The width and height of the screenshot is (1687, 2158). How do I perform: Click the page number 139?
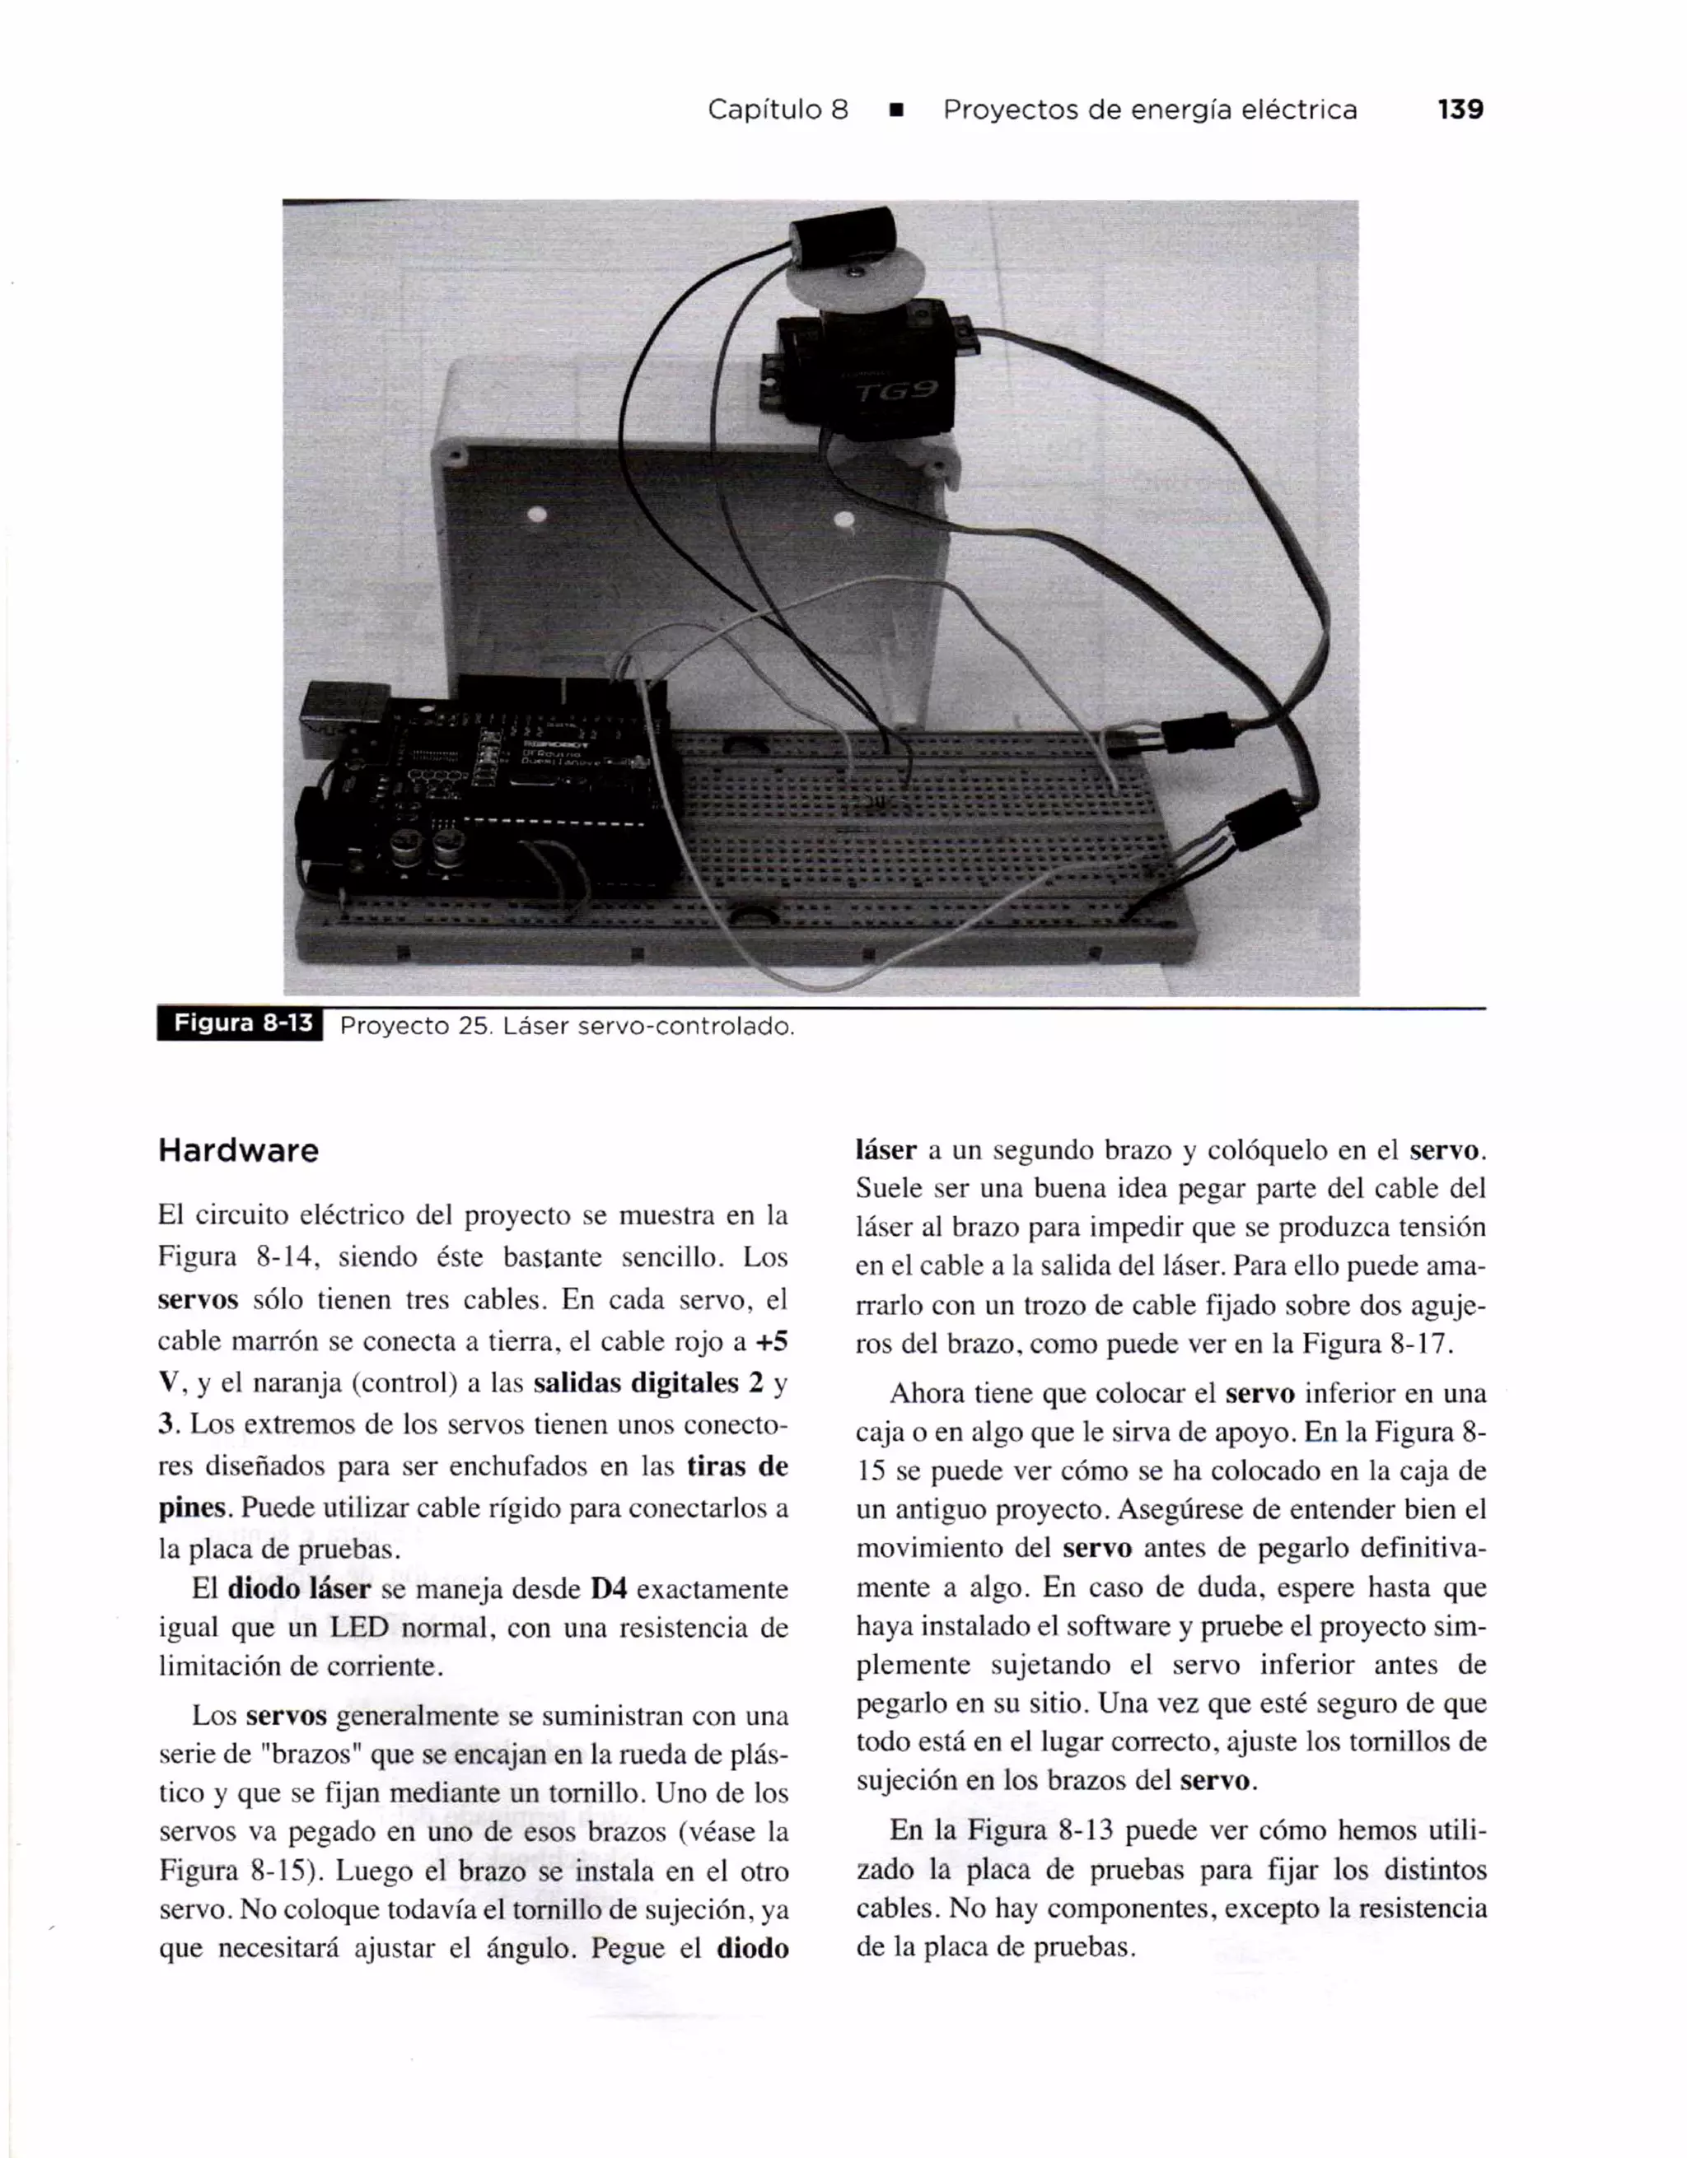(x=1460, y=110)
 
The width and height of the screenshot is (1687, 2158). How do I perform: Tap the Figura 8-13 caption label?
(x=242, y=1023)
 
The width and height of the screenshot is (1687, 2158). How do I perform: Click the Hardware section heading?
(x=238, y=1151)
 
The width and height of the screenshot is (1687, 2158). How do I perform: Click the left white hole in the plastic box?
(x=538, y=515)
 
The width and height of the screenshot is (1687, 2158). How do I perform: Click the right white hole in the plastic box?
(x=844, y=519)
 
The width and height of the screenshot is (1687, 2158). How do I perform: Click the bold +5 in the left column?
(x=771, y=1342)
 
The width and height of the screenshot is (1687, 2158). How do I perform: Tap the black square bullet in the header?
(x=895, y=110)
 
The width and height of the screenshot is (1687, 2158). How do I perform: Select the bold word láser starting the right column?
(x=886, y=1151)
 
